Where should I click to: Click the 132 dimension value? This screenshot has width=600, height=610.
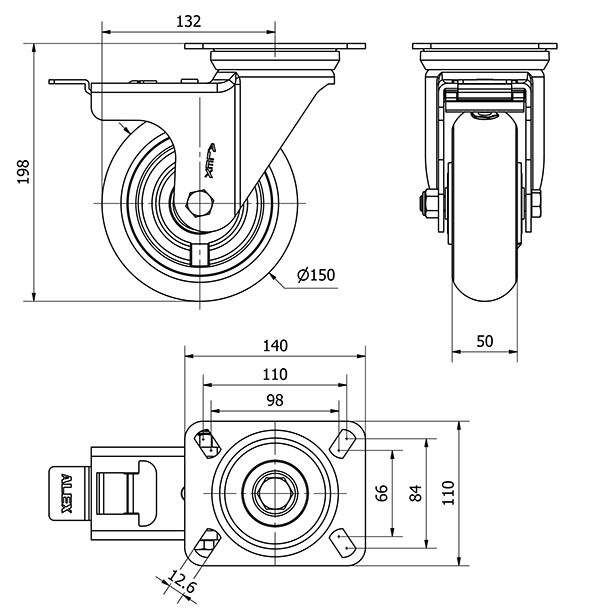click(188, 21)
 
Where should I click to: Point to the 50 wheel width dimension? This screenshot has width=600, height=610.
click(485, 341)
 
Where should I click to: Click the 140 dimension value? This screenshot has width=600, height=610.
click(275, 346)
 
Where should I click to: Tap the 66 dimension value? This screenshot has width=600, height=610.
click(381, 492)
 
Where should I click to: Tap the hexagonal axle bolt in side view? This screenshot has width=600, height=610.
click(198, 202)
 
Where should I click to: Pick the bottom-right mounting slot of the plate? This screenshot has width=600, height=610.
click(345, 544)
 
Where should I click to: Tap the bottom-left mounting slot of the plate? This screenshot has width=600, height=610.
click(206, 545)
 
